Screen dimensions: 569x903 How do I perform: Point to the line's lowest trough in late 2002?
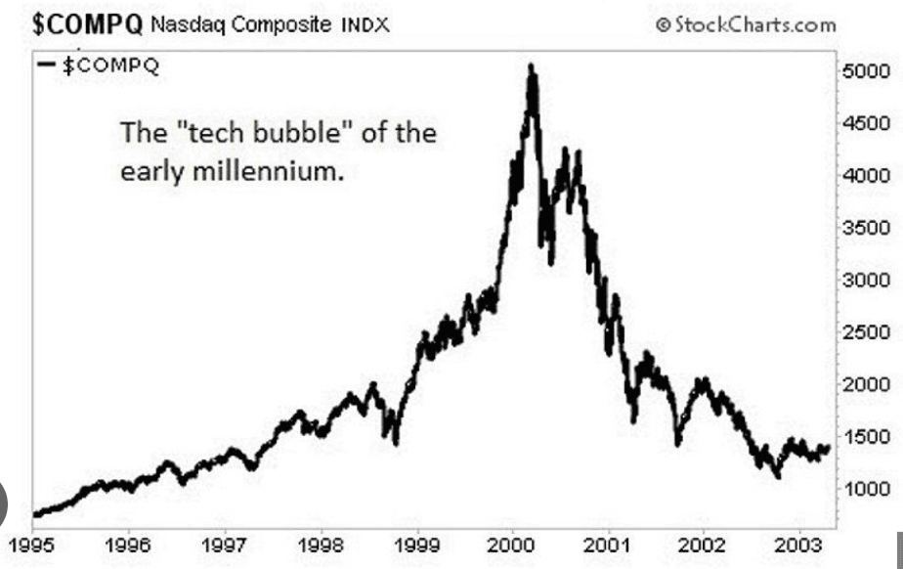click(777, 475)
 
